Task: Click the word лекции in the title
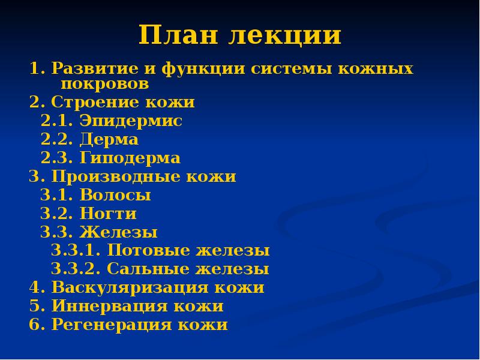pyautogui.click(x=285, y=37)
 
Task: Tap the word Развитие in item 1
pyautogui.click(x=89, y=68)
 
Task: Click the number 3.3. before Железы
pyautogui.click(x=52, y=232)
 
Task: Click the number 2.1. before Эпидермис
pyautogui.click(x=52, y=121)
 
